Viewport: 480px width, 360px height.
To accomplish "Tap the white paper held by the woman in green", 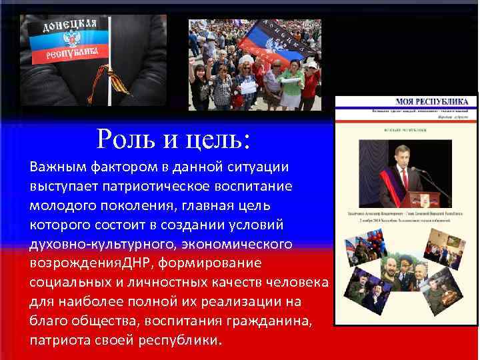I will pyautogui.click(x=247, y=87).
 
